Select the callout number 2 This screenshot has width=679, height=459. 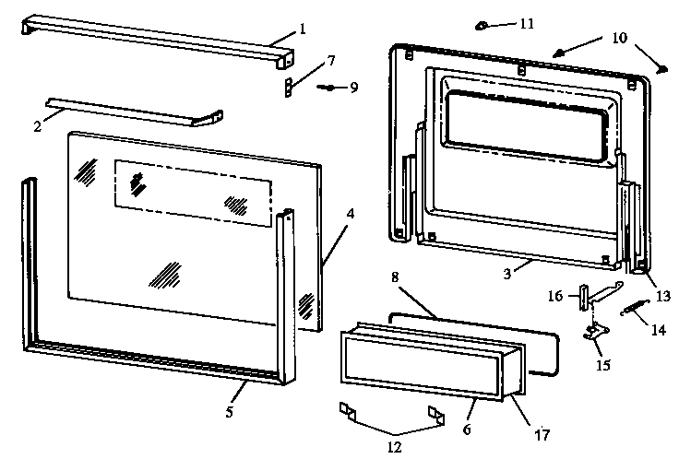coord(37,126)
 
